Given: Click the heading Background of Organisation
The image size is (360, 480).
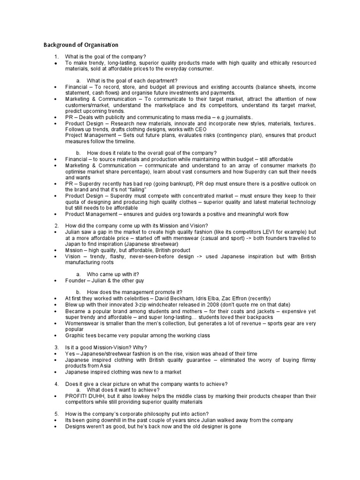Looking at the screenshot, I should (81, 45).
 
